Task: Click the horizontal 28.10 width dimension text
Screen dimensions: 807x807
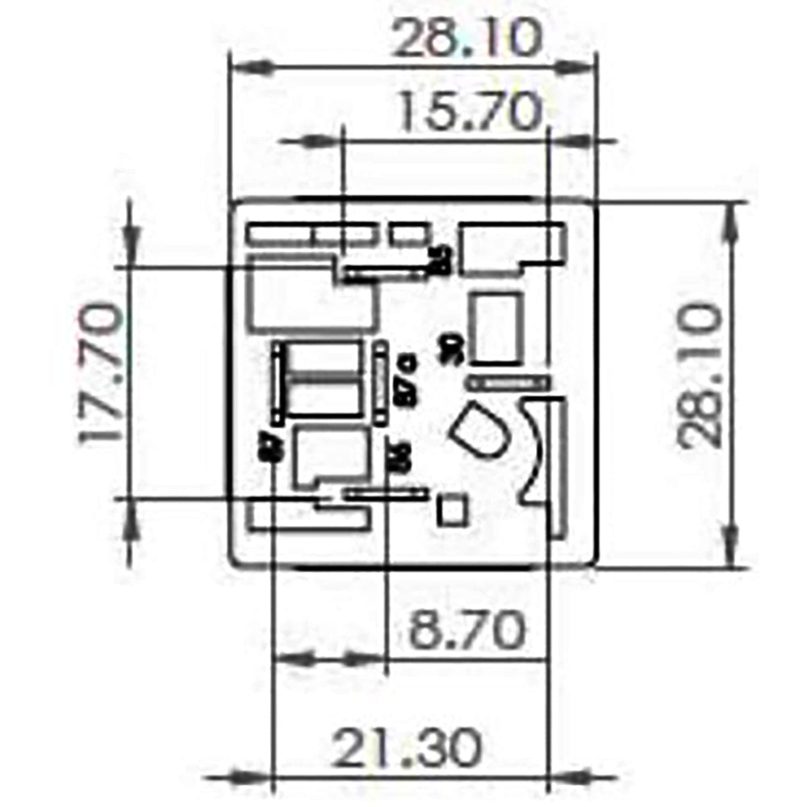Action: pyautogui.click(x=465, y=40)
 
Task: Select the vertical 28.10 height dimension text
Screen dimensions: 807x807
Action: pyautogui.click(x=699, y=376)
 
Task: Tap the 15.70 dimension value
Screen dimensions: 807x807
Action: pyautogui.click(x=469, y=112)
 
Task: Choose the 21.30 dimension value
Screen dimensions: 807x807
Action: pyautogui.click(x=408, y=749)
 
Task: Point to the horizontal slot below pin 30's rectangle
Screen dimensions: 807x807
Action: pyautogui.click(x=509, y=383)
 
